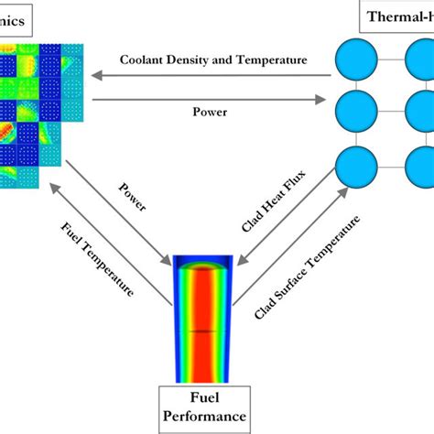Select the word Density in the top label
pyautogui.click(x=194, y=60)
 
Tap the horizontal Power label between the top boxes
pyautogui.click(x=210, y=112)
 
